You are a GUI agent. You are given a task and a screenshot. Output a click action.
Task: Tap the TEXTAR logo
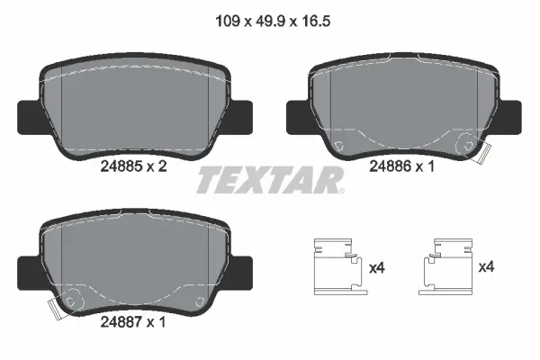tap(270, 179)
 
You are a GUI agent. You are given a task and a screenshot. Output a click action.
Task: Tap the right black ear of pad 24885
tap(240, 115)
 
